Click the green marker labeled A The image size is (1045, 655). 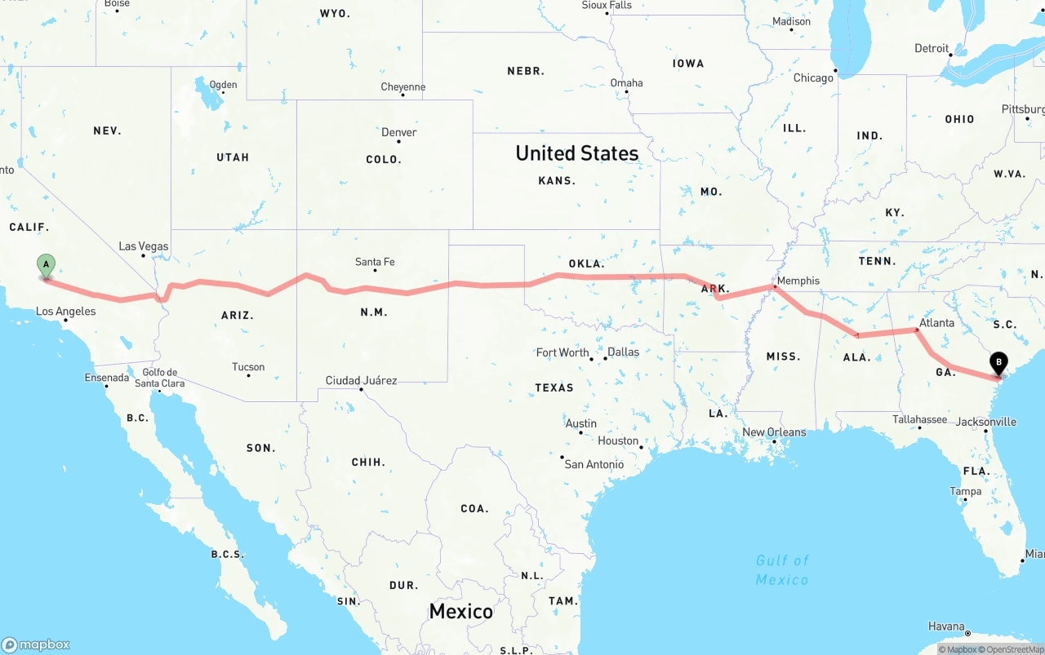[x=47, y=265]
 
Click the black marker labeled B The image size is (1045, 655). [x=998, y=363]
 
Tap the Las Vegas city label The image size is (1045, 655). [x=144, y=246]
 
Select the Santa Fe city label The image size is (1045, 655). [x=375, y=262]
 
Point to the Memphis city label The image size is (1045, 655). [x=798, y=281]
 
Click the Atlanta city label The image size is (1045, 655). [x=936, y=323]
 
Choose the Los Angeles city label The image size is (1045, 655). [x=66, y=311]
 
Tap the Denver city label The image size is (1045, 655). [x=399, y=132]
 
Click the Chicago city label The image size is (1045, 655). [x=814, y=77]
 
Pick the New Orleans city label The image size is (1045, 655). [x=774, y=432]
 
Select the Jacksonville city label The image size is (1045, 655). [x=986, y=422]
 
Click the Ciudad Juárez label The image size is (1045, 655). [x=362, y=380]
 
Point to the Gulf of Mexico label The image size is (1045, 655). [x=782, y=570]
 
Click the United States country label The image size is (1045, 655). [x=577, y=153]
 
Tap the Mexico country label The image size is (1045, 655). [x=461, y=611]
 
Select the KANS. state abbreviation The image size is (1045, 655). [x=558, y=180]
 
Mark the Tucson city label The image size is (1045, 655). [x=248, y=366]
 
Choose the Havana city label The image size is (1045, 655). [x=946, y=626]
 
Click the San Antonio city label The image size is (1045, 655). [x=594, y=464]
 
